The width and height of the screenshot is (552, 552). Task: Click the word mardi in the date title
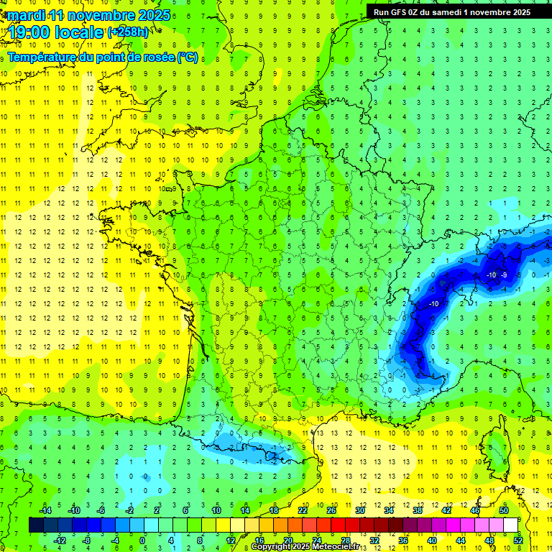pos(26,15)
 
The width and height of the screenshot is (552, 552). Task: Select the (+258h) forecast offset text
pos(129,32)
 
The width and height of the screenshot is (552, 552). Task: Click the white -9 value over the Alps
pos(505,275)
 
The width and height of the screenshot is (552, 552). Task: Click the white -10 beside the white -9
pos(491,275)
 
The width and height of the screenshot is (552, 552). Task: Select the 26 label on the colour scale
pos(331,510)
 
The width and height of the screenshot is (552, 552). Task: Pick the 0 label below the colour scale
pos(142,540)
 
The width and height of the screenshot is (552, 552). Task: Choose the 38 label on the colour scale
pos(417,510)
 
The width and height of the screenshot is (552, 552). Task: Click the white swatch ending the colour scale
pos(510,525)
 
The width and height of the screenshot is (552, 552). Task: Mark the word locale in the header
pos(79,32)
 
